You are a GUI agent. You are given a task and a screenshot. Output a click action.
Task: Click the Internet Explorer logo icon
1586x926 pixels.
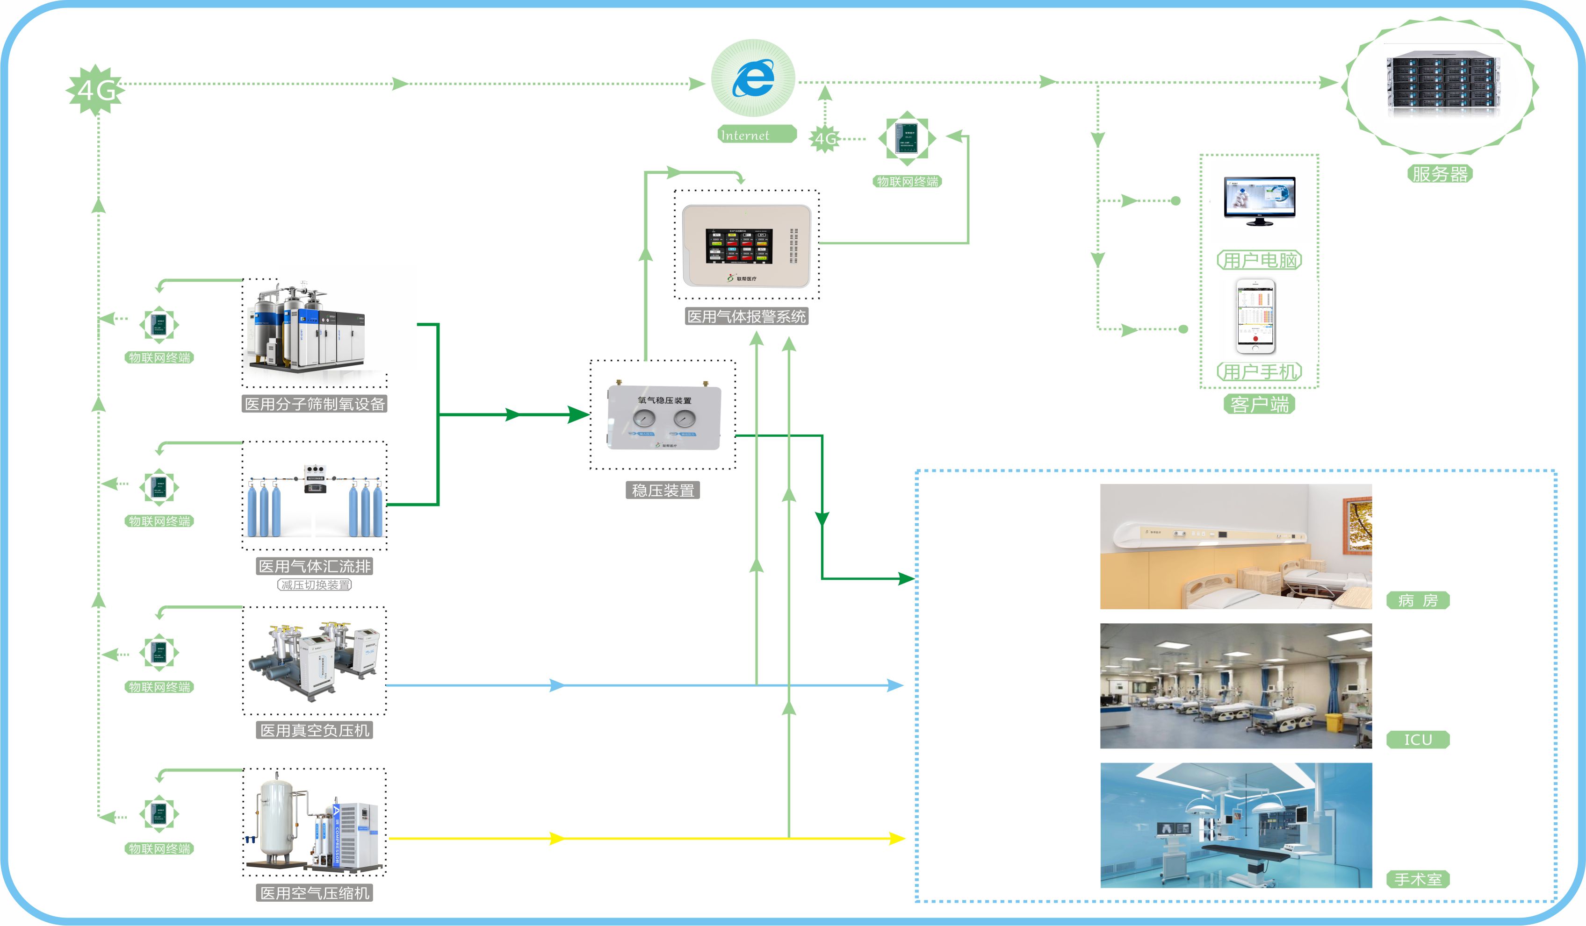click(x=753, y=78)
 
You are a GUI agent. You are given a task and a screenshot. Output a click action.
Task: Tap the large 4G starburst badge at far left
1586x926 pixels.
click(x=96, y=90)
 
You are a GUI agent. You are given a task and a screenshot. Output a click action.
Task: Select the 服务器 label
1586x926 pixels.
click(x=1439, y=174)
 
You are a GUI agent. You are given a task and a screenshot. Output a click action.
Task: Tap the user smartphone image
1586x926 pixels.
click(x=1255, y=316)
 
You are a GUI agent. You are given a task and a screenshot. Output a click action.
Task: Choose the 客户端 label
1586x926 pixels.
click(x=1259, y=404)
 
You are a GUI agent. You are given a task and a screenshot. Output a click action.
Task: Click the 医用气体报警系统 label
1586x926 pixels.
click(x=746, y=316)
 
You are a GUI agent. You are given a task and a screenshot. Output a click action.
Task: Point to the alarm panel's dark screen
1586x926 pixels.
click(x=738, y=245)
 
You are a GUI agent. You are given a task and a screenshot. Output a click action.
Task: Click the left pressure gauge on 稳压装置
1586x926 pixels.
click(x=644, y=418)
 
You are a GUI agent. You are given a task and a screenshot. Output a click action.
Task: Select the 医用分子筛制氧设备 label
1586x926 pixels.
click(x=314, y=404)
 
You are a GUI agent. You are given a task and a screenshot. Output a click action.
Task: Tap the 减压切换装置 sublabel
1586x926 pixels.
click(x=315, y=585)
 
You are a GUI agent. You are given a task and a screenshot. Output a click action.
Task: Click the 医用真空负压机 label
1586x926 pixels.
click(x=315, y=730)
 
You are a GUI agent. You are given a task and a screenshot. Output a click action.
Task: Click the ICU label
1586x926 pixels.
click(x=1417, y=740)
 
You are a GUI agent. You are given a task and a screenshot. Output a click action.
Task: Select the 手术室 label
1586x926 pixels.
click(x=1417, y=879)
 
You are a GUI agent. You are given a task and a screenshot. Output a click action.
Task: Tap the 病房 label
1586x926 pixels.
click(x=1417, y=601)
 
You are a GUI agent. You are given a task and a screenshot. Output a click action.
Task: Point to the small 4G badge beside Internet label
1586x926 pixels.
click(x=824, y=138)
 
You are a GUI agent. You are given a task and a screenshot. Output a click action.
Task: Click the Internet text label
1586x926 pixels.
click(x=745, y=135)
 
